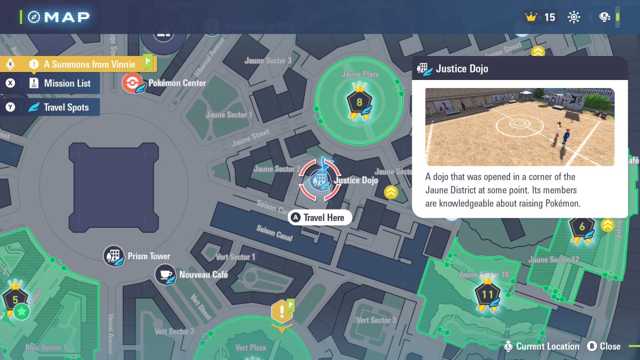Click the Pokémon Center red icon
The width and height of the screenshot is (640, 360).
click(132, 83)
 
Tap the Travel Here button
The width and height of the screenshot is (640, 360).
click(320, 218)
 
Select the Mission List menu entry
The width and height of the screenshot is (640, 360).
click(60, 83)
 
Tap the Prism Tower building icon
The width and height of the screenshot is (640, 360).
click(114, 256)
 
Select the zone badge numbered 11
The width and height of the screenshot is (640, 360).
click(487, 294)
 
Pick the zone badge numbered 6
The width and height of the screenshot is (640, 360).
click(582, 227)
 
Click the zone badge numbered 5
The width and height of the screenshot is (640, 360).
click(15, 299)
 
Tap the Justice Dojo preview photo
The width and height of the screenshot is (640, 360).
click(519, 127)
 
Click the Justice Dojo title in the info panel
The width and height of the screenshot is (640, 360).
click(462, 69)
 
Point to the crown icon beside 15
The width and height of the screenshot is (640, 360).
click(531, 17)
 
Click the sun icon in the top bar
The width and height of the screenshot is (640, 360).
click(574, 17)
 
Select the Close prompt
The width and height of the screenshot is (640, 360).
click(604, 346)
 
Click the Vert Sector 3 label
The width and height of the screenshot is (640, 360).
click(376, 320)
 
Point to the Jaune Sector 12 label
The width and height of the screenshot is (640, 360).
click(553, 260)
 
